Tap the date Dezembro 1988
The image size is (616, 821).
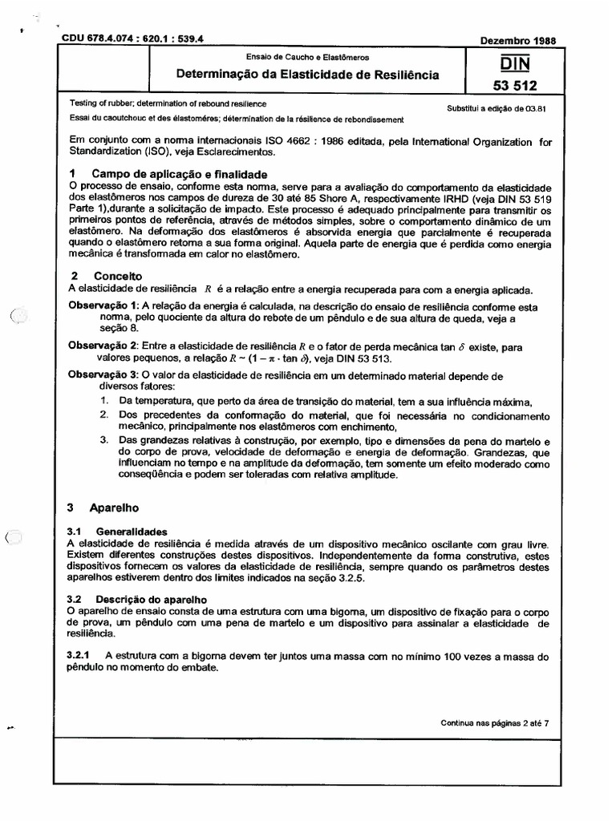pyautogui.click(x=516, y=39)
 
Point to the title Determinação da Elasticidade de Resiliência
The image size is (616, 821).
pyautogui.click(x=308, y=75)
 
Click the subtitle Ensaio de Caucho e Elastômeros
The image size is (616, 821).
pyautogui.click(x=308, y=58)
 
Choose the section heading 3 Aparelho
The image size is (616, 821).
pyautogui.click(x=104, y=508)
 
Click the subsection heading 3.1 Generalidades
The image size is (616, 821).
pyautogui.click(x=117, y=531)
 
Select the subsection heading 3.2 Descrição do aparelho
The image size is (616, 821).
pyautogui.click(x=137, y=599)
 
